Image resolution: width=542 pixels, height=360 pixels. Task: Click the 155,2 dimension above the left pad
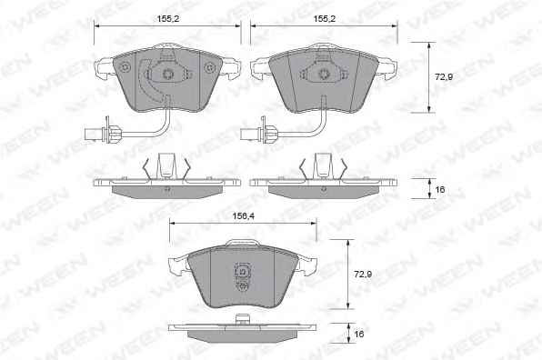point(168,19)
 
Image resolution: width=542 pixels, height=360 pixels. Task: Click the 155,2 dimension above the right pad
point(325,19)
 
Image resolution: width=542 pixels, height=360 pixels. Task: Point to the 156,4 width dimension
point(244,216)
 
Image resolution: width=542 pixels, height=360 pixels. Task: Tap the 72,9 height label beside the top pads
point(444,77)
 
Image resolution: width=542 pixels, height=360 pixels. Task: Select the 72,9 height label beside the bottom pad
point(363,275)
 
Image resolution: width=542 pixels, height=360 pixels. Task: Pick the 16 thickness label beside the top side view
point(440,189)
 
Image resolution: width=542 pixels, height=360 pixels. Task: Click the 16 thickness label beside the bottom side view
point(359,334)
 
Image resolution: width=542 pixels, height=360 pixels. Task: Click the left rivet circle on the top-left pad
point(125,67)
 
